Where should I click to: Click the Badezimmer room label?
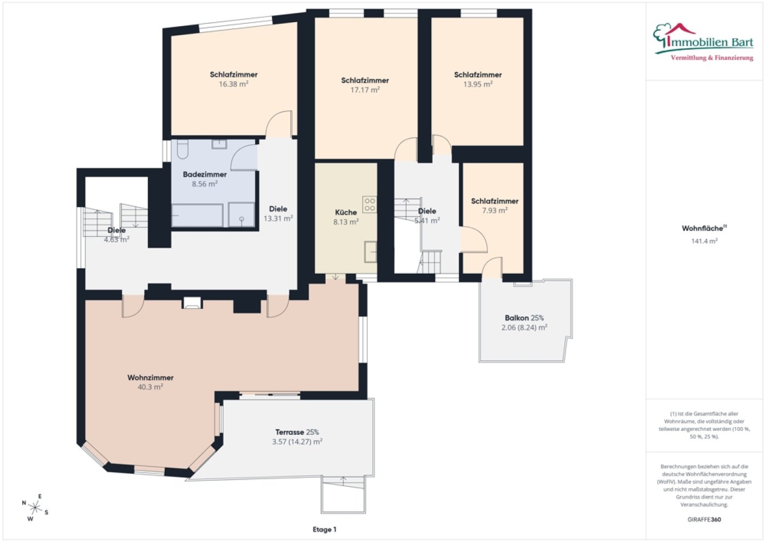(204, 175)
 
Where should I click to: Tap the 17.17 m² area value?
(365, 89)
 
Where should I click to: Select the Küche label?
(346, 212)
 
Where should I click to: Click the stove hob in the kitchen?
(369, 205)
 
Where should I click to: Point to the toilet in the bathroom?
(182, 149)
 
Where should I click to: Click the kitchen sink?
(371, 252)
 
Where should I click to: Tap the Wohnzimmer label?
(151, 377)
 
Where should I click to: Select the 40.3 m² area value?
(150, 387)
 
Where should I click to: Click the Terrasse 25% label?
(297, 432)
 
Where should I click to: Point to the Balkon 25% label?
(524, 318)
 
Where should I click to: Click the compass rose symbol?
(35, 507)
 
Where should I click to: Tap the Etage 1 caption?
(324, 530)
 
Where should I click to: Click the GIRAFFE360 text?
(704, 519)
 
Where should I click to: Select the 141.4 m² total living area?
(704, 241)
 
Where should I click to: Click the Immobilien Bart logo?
(704, 42)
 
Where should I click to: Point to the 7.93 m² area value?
(495, 210)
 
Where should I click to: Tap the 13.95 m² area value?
(478, 84)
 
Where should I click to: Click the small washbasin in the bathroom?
(219, 144)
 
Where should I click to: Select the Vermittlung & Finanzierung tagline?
(712, 58)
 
